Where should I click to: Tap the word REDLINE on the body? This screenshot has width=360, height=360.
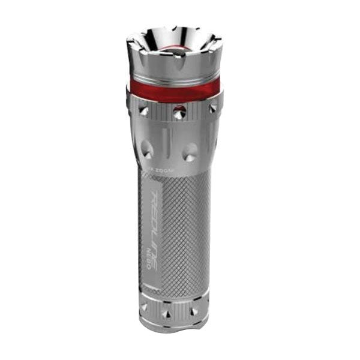149,231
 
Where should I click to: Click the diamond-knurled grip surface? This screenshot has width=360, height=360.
183,228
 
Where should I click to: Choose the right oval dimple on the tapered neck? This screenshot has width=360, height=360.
191,151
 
